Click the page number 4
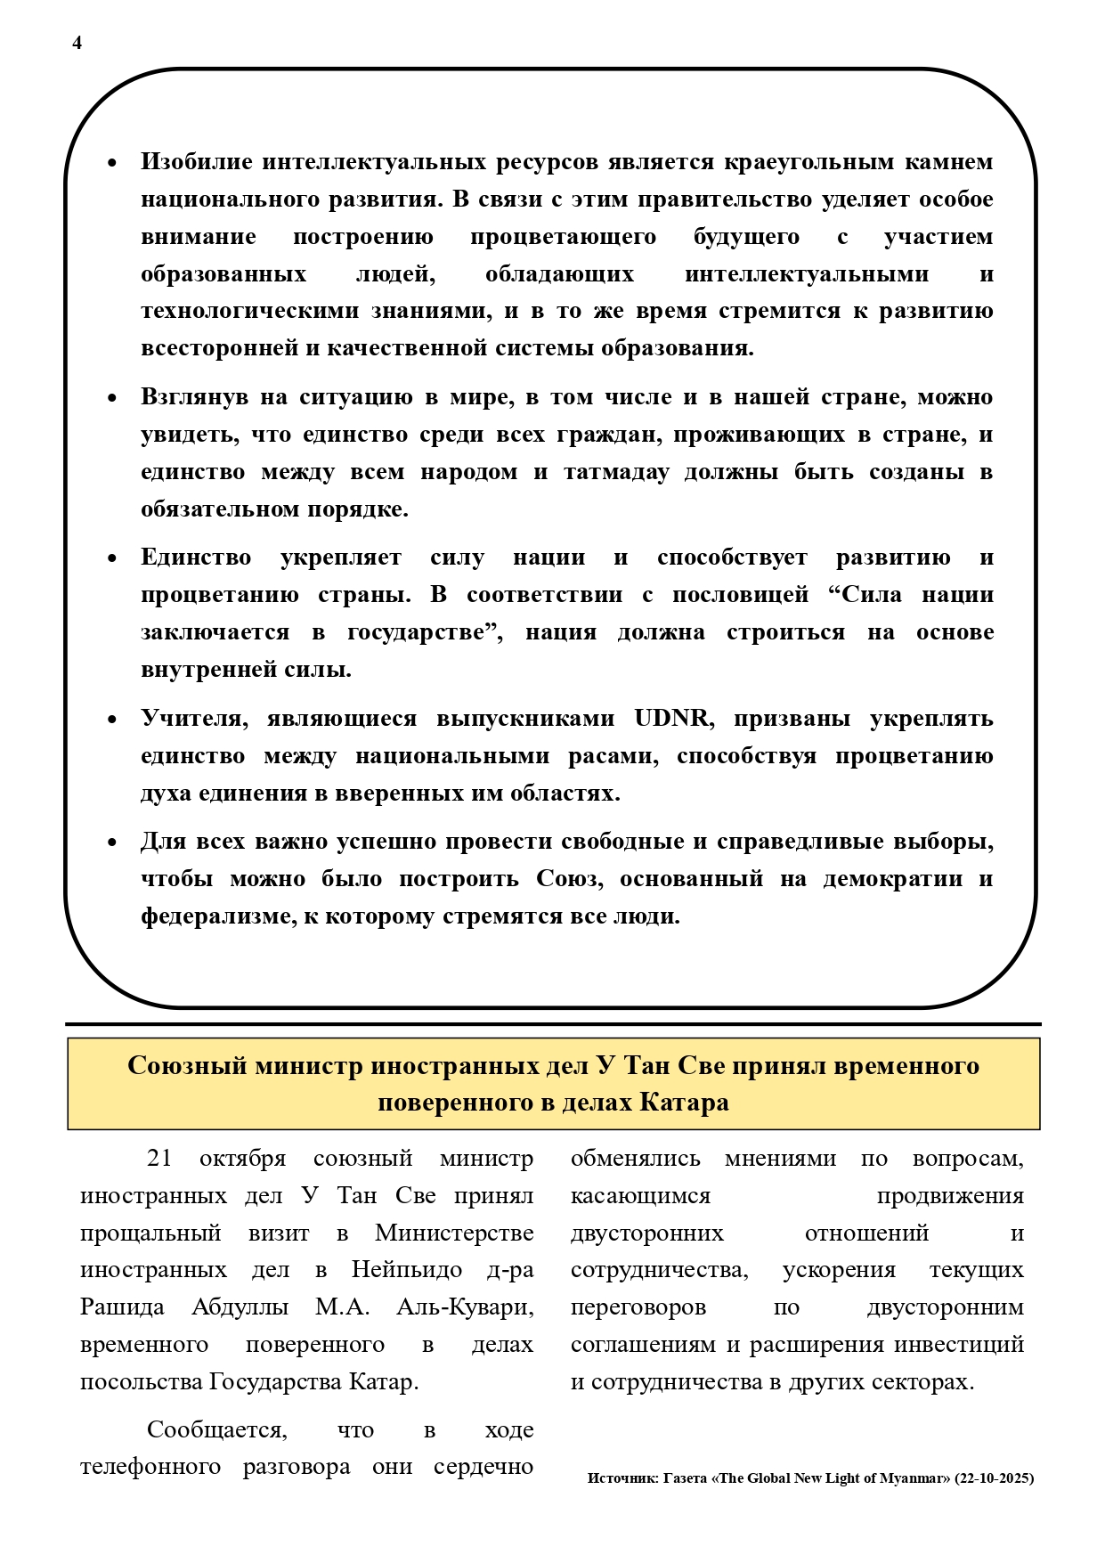(x=77, y=43)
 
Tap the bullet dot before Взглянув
(x=112, y=398)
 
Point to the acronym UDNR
(x=671, y=719)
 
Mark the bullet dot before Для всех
(x=112, y=843)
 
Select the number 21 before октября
(x=159, y=1159)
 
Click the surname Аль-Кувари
(x=465, y=1307)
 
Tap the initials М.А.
(x=342, y=1307)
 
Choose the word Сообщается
(x=216, y=1430)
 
